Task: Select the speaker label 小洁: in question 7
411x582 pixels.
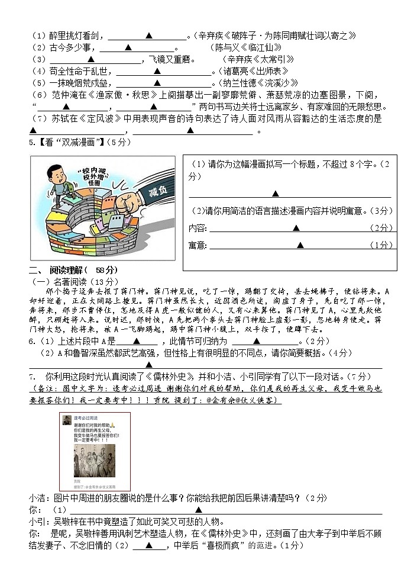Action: point(40,498)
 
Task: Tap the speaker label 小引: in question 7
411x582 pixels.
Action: point(40,522)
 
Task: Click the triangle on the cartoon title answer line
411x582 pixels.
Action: point(276,194)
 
